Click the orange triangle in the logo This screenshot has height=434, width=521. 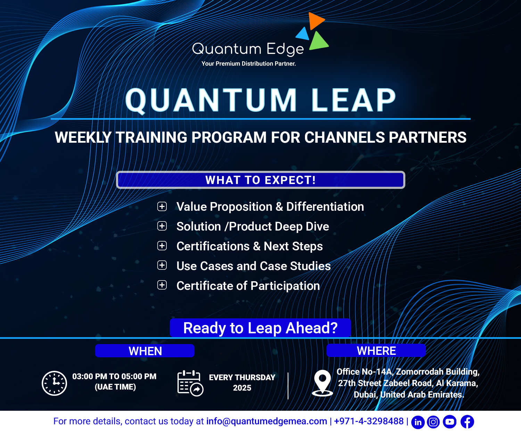315,20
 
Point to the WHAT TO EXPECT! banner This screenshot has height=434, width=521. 260,180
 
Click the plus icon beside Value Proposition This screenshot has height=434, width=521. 162,207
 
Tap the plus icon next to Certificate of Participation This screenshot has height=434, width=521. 162,285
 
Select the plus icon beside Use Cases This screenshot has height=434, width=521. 162,265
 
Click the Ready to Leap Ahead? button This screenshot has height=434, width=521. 260,328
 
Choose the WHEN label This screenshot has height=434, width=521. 145,351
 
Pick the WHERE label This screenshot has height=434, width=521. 376,350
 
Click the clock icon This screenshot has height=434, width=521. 55,383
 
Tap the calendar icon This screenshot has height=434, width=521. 190,383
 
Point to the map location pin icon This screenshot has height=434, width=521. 322,383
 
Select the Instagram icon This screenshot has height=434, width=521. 433,422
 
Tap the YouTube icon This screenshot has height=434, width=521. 450,422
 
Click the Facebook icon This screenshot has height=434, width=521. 467,422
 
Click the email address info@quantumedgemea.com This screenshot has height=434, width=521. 266,421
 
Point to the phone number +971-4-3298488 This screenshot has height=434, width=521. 369,421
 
